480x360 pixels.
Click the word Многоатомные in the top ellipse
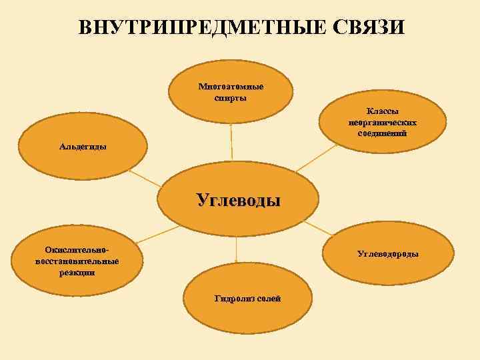231,87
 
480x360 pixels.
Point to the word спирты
231,98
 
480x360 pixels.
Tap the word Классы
383,112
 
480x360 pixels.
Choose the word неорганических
383,123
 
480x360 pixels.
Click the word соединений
383,133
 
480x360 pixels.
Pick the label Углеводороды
388,254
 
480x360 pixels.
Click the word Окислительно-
77,249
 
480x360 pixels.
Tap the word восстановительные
77,260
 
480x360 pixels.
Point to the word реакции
77,271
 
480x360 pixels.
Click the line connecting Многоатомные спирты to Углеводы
231,143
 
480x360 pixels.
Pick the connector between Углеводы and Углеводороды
316,237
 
